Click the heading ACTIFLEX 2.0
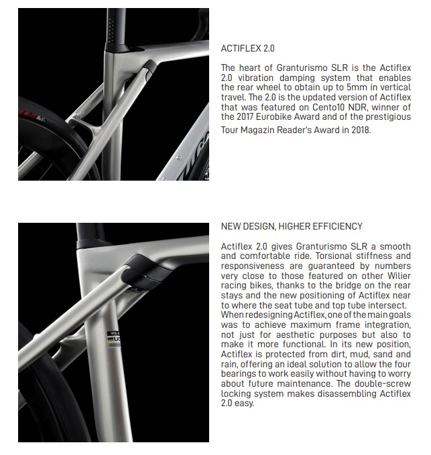(x=247, y=49)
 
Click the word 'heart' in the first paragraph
(x=249, y=68)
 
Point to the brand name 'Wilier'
(x=396, y=277)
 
